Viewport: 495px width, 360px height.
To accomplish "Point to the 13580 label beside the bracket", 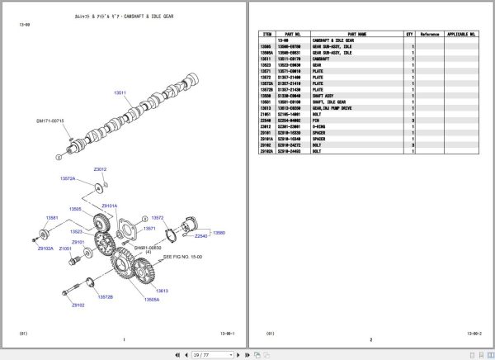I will click(x=219, y=233).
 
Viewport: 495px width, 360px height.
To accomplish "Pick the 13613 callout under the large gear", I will click(x=160, y=291).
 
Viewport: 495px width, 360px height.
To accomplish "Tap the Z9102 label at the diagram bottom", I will click(x=78, y=305).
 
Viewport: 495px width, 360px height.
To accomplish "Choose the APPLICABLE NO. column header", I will click(x=462, y=35).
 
